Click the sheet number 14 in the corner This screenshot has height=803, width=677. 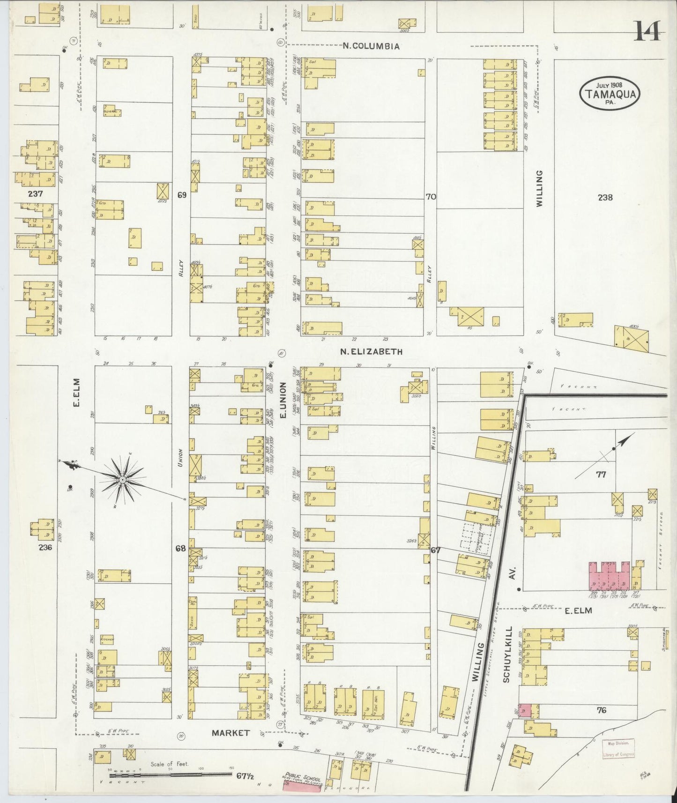click(x=649, y=32)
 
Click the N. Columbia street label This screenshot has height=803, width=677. click(x=371, y=46)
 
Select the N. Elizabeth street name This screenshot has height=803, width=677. click(x=372, y=351)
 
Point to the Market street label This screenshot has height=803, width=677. click(x=230, y=733)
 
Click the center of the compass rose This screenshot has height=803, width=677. click(x=122, y=479)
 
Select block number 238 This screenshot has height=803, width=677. click(x=605, y=197)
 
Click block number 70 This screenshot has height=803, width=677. click(x=431, y=197)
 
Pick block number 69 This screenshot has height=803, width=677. click(x=182, y=194)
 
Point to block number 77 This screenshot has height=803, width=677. click(x=601, y=474)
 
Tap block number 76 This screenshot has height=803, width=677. click(x=602, y=710)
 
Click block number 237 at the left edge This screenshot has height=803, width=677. click(x=35, y=193)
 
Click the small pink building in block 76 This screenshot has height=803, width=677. click(x=524, y=710)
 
